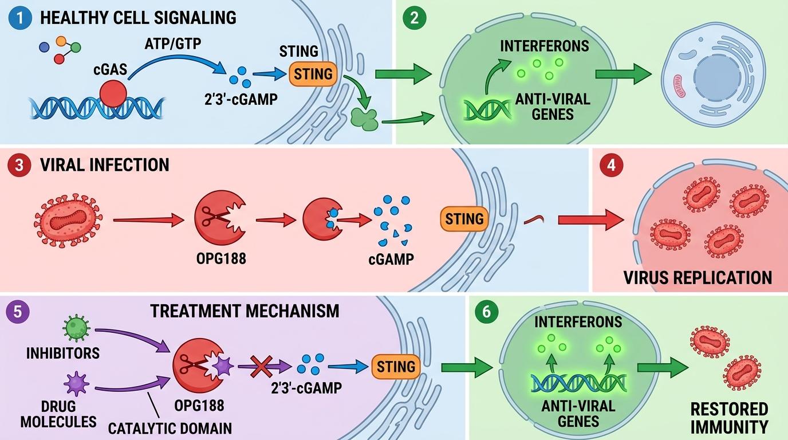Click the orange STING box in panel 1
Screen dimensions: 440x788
pos(313,74)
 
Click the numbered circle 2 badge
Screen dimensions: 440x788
pos(415,17)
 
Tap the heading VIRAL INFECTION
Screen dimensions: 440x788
pos(105,165)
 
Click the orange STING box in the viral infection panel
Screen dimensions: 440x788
pos(464,218)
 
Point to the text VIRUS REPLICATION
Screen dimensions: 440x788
pos(698,277)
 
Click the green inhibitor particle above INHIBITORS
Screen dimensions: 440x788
pos(76,328)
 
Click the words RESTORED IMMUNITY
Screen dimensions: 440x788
pos(728,418)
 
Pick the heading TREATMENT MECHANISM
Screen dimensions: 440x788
pos(245,311)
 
